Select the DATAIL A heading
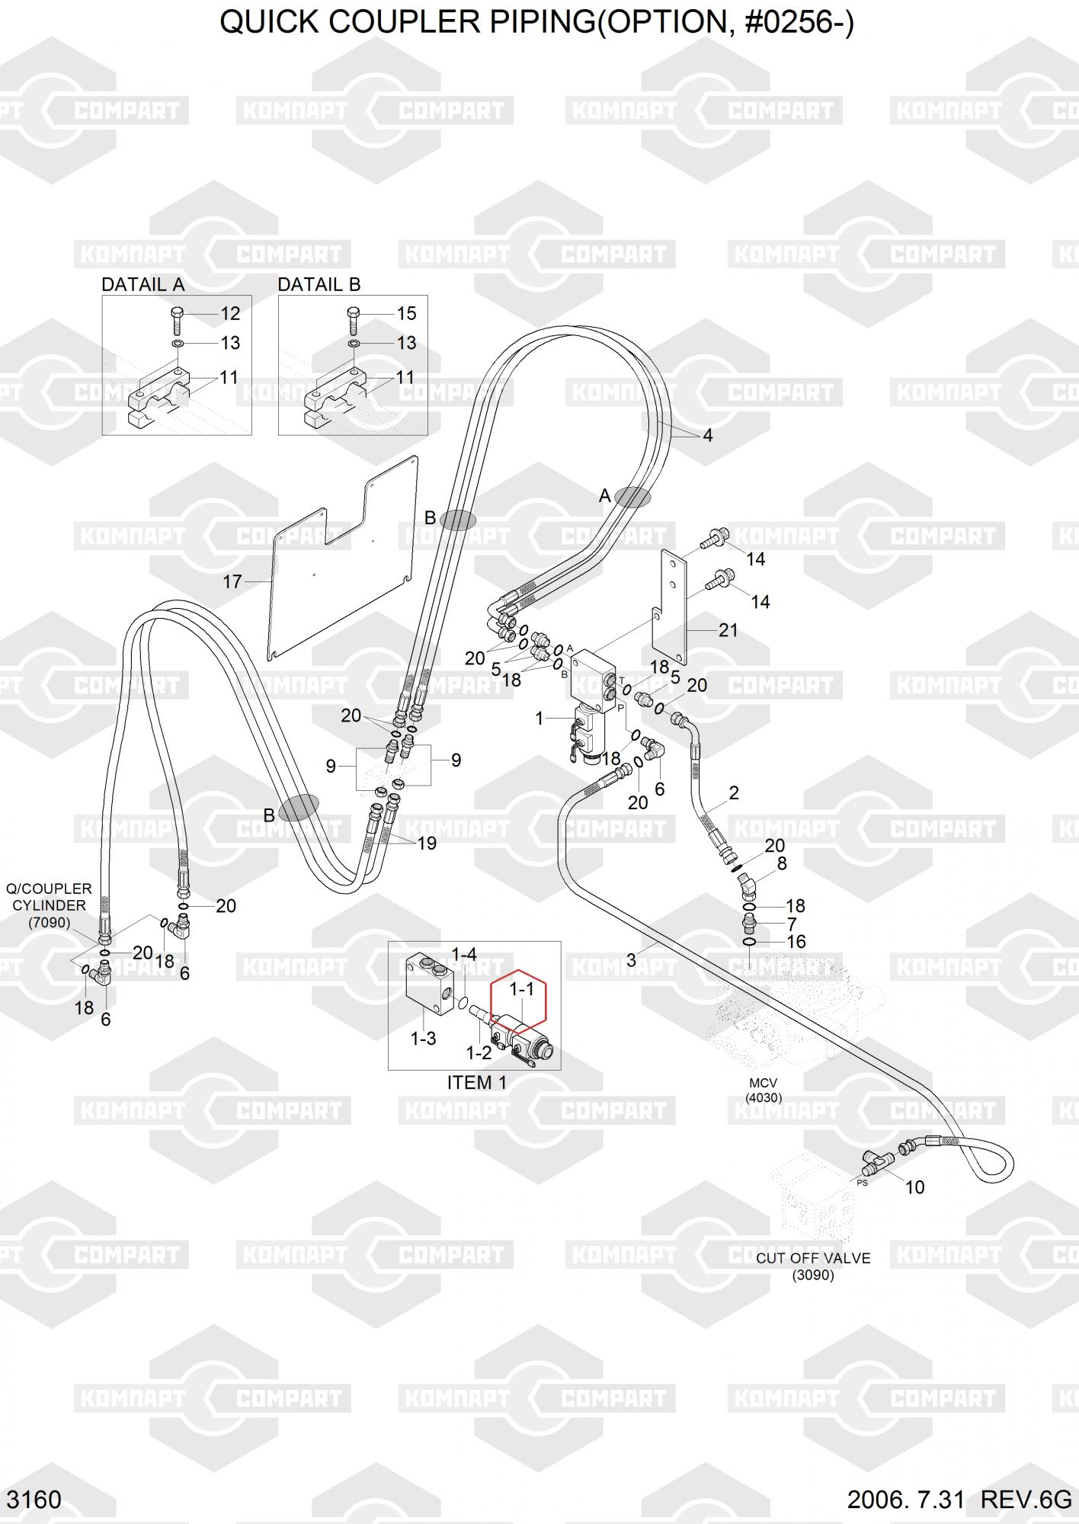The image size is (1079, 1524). pyautogui.click(x=143, y=284)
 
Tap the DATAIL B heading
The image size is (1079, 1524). pyautogui.click(x=319, y=284)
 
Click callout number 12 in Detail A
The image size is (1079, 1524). pyautogui.click(x=230, y=313)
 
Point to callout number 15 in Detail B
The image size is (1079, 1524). pyautogui.click(x=406, y=313)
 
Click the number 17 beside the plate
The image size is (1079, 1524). pyautogui.click(x=232, y=581)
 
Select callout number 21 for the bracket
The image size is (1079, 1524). pyautogui.click(x=728, y=630)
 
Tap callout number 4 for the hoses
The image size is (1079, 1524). pyautogui.click(x=708, y=435)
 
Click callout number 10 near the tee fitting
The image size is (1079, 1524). pyautogui.click(x=914, y=1186)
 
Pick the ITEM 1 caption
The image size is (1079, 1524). pyautogui.click(x=477, y=1082)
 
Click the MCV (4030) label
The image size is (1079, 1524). pyautogui.click(x=764, y=1090)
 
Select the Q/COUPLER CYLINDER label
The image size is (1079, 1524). pyautogui.click(x=49, y=905)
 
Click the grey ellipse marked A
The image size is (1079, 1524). pyautogui.click(x=632, y=497)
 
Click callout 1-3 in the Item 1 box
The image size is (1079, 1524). pyautogui.click(x=423, y=1039)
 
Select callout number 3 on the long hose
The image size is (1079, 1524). pyautogui.click(x=631, y=960)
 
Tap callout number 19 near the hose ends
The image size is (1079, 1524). pyautogui.click(x=427, y=843)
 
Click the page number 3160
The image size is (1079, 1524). pyautogui.click(x=34, y=1499)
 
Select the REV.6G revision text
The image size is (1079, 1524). pyautogui.click(x=1026, y=1499)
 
